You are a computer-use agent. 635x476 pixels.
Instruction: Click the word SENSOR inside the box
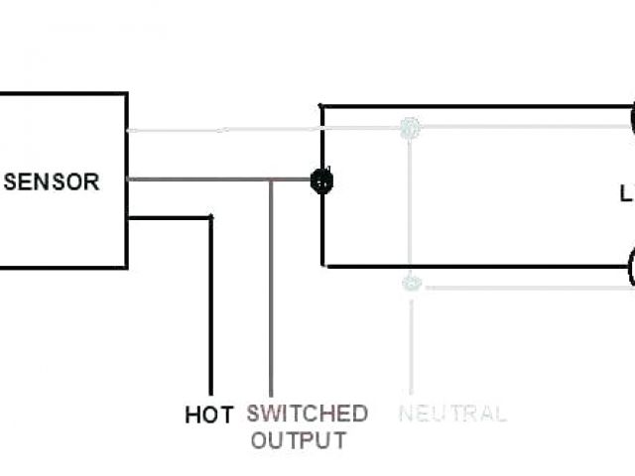click(53, 182)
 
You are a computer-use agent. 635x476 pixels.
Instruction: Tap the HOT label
click(209, 415)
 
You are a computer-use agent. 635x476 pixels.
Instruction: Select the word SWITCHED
click(307, 413)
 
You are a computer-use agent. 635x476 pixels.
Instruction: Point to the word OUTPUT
click(298, 439)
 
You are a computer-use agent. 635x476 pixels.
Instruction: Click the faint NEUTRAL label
click(452, 414)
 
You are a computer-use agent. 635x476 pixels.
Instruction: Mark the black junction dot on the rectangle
click(321, 180)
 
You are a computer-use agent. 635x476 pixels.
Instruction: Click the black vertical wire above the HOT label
click(209, 307)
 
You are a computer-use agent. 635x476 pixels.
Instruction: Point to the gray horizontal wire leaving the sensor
click(198, 179)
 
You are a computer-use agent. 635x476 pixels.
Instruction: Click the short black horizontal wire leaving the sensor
click(169, 217)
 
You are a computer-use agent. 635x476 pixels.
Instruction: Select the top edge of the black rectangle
click(476, 106)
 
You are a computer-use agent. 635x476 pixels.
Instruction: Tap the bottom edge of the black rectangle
click(476, 266)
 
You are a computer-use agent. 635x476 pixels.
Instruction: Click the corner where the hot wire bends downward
click(209, 217)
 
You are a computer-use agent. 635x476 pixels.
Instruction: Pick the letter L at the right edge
click(627, 195)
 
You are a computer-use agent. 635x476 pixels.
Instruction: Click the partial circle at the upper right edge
click(631, 119)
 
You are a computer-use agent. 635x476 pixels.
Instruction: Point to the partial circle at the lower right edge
click(631, 268)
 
